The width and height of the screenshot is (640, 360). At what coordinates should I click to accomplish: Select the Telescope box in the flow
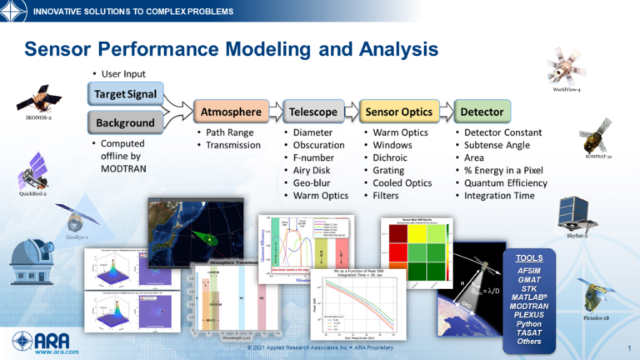click(x=313, y=111)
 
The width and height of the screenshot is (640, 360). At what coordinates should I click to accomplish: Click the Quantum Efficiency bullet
click(x=505, y=183)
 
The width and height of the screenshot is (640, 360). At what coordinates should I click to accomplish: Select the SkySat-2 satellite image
click(x=577, y=214)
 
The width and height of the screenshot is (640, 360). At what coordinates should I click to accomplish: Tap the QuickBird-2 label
click(x=33, y=193)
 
